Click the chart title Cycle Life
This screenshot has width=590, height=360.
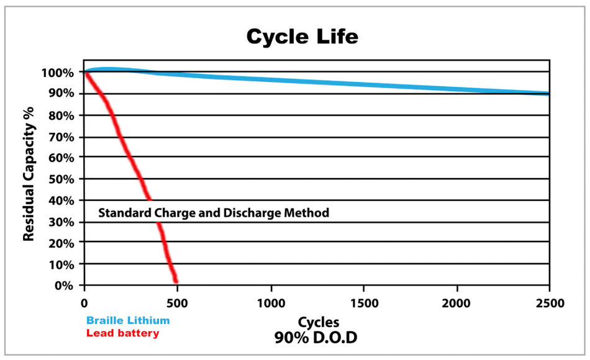point(302,37)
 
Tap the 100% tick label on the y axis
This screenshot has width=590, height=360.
point(58,73)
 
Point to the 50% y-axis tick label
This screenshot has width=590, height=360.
point(61,179)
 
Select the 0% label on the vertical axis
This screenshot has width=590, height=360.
point(64,286)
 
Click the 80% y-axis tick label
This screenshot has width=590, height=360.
point(61,115)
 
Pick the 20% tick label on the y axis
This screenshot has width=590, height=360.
point(61,243)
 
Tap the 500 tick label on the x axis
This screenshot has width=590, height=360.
point(177,303)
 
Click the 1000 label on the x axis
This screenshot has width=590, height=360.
point(271,303)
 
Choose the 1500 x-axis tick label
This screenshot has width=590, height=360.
point(364,303)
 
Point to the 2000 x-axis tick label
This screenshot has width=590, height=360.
point(456,303)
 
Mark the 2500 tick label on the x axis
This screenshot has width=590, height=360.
point(550,303)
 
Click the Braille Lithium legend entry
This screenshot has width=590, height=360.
point(128,320)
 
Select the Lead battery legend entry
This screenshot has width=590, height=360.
point(123,333)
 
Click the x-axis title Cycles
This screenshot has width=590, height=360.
point(319,323)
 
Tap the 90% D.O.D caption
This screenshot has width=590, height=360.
point(315,338)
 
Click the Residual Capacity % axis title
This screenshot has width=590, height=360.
point(29,174)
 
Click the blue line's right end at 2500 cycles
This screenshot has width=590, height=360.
point(548,93)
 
